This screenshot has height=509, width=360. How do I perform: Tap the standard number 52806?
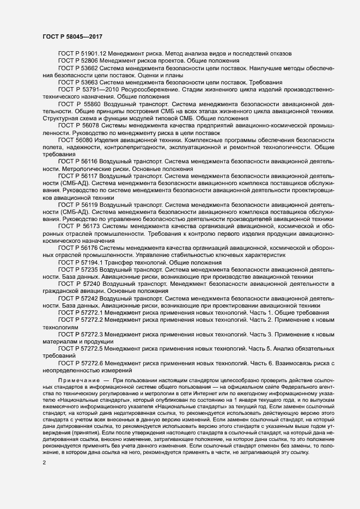[x=91, y=60]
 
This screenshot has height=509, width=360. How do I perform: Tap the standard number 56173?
[x=91, y=225]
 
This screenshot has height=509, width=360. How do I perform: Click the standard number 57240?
[x=92, y=284]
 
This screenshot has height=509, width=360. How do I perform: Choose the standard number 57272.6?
[x=94, y=362]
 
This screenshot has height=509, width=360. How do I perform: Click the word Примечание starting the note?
[x=76, y=378]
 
